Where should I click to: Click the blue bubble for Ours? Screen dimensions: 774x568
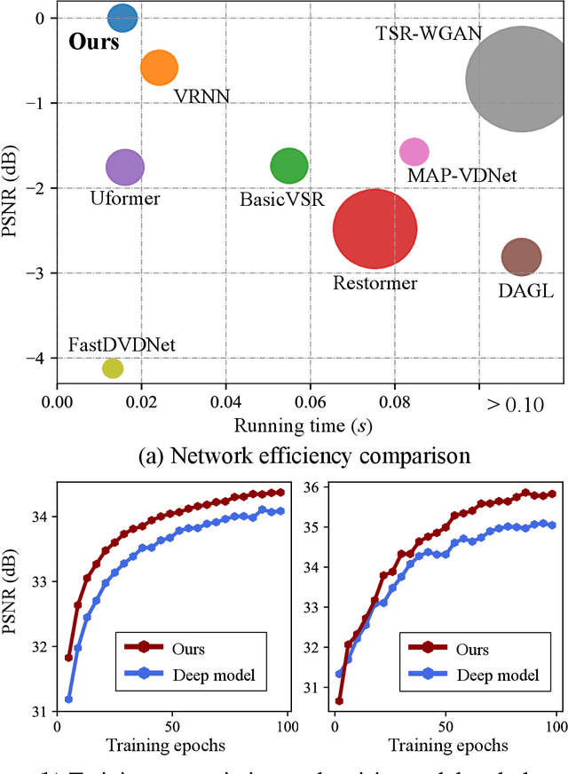(x=122, y=17)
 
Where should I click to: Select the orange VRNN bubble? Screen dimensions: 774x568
(x=160, y=67)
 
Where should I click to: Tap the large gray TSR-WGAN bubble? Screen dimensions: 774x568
(x=519, y=78)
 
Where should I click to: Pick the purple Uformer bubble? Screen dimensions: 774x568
(x=125, y=166)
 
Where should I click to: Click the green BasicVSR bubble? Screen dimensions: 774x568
(x=289, y=166)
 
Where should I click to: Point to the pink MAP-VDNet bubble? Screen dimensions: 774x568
(x=414, y=152)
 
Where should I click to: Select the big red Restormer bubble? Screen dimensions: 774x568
(x=375, y=229)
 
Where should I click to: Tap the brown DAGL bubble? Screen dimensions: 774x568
(x=521, y=257)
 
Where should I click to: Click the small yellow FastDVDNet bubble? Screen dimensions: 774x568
(x=113, y=367)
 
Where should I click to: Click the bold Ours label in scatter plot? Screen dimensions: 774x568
(x=94, y=43)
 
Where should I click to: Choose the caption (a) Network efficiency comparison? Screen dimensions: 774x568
(x=284, y=459)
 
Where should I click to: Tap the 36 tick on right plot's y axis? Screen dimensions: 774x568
(x=312, y=487)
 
